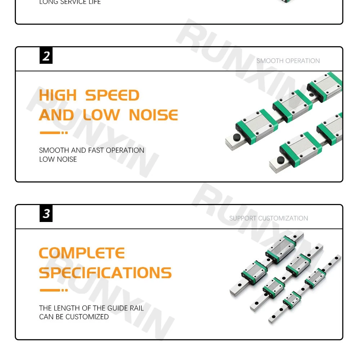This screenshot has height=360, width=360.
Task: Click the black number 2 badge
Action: coord(46,57)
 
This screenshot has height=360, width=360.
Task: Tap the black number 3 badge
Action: coord(46,214)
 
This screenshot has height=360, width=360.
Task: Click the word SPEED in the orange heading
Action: coord(112,95)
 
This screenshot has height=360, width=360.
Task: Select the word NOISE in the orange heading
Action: coord(153,115)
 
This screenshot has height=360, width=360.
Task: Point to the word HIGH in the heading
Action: coord(58,95)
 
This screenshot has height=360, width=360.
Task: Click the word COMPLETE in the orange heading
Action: coord(82,253)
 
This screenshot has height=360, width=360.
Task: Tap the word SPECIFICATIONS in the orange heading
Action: coord(105,273)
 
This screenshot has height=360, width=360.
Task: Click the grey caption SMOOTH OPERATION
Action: coord(288,61)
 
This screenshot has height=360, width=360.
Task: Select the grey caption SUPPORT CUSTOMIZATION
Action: coord(269,218)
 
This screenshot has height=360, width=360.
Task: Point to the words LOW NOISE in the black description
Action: coord(58,159)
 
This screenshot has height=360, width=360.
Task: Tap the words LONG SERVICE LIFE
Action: coord(70,2)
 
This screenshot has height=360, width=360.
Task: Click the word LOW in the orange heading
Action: coord(101,115)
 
